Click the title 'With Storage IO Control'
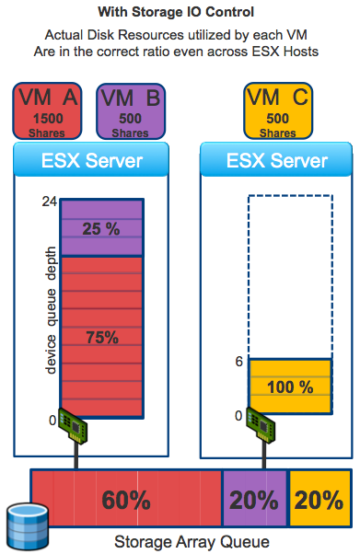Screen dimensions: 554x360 point(180,14)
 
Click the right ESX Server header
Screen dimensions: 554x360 point(276,161)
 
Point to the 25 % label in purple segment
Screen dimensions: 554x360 point(100,227)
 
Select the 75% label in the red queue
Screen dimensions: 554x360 point(100,337)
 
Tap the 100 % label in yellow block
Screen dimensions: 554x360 point(290,387)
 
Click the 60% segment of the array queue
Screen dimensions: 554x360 point(126,500)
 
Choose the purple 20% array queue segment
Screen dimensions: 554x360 point(255,500)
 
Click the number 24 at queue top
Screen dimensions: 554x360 point(49,202)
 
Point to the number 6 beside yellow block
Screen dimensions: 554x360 point(238,362)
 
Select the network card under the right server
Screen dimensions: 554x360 point(261,419)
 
